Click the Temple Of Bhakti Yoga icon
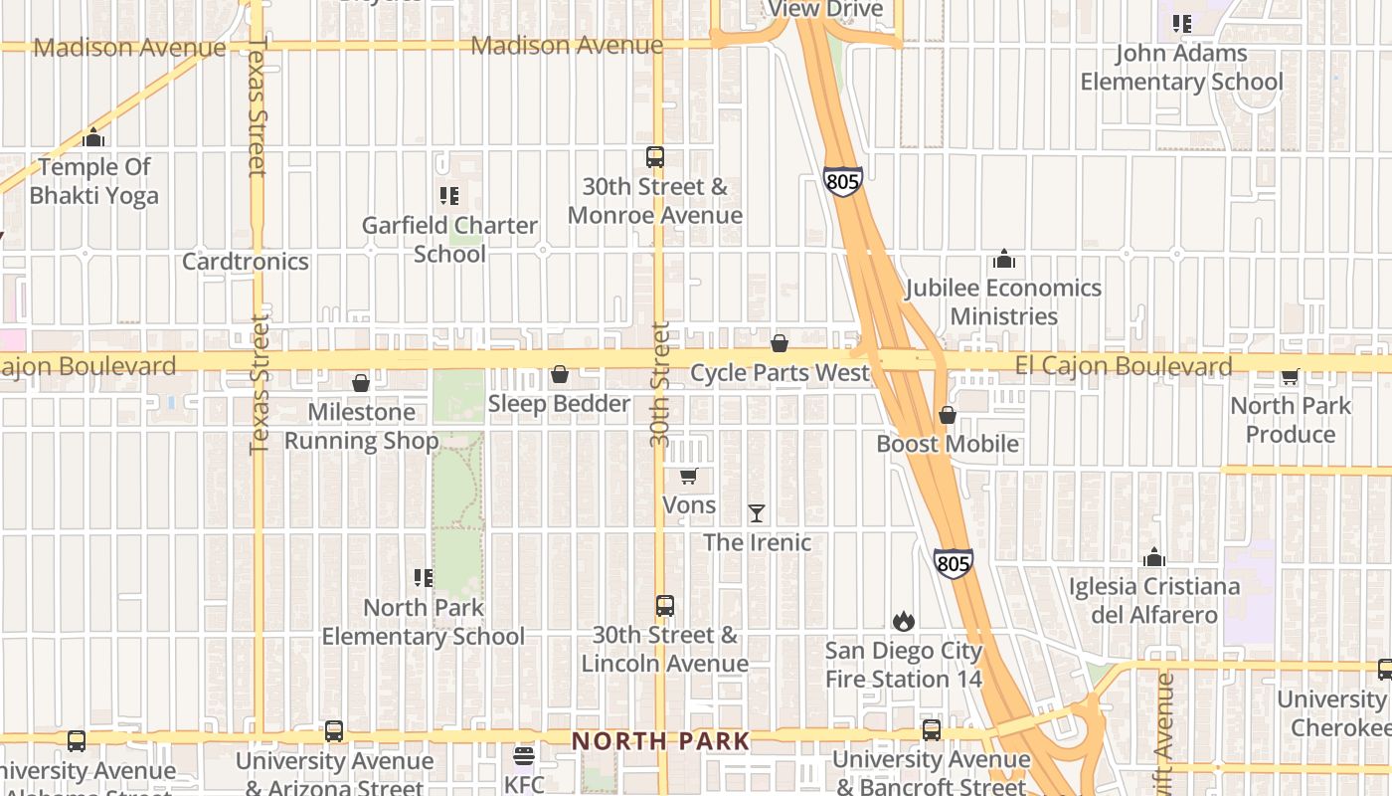[x=93, y=137]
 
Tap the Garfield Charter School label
[x=449, y=240]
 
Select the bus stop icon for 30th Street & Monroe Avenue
[x=654, y=157]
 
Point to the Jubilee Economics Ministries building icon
[x=1004, y=260]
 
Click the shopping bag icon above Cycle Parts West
[x=780, y=344]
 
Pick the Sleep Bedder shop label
[x=559, y=404]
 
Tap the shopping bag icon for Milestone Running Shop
[x=361, y=383]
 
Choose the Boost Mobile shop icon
[x=948, y=415]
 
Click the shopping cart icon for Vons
[x=689, y=477]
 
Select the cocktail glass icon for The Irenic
[x=757, y=513]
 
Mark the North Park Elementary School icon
[x=424, y=578]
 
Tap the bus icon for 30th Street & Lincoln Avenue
[x=664, y=606]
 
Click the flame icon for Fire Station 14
[x=903, y=622]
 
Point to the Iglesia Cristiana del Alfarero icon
[x=1154, y=557]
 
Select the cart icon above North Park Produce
[x=1290, y=377]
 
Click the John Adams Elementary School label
[x=1181, y=68]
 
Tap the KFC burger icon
[x=524, y=756]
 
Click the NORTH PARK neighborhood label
[x=660, y=741]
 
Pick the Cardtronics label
[x=246, y=262]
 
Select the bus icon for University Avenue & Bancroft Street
[x=932, y=730]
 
